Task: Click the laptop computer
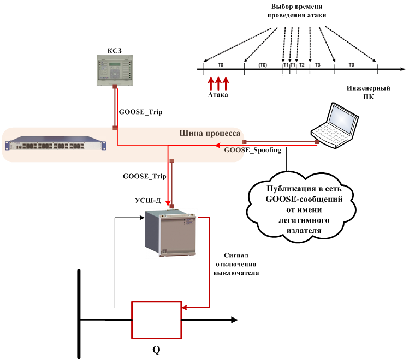[x=335, y=126]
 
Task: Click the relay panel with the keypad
[x=114, y=69]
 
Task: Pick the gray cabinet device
[x=171, y=233]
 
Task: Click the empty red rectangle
[x=156, y=320]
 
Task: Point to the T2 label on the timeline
[x=301, y=64]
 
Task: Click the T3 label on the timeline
[x=317, y=64]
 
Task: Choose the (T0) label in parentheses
[x=263, y=64]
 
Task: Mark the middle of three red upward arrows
[x=218, y=83]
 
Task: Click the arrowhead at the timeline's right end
[x=402, y=70]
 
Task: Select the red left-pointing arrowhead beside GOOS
[x=216, y=146]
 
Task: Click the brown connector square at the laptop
[x=317, y=142]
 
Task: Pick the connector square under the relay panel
[x=115, y=87]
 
